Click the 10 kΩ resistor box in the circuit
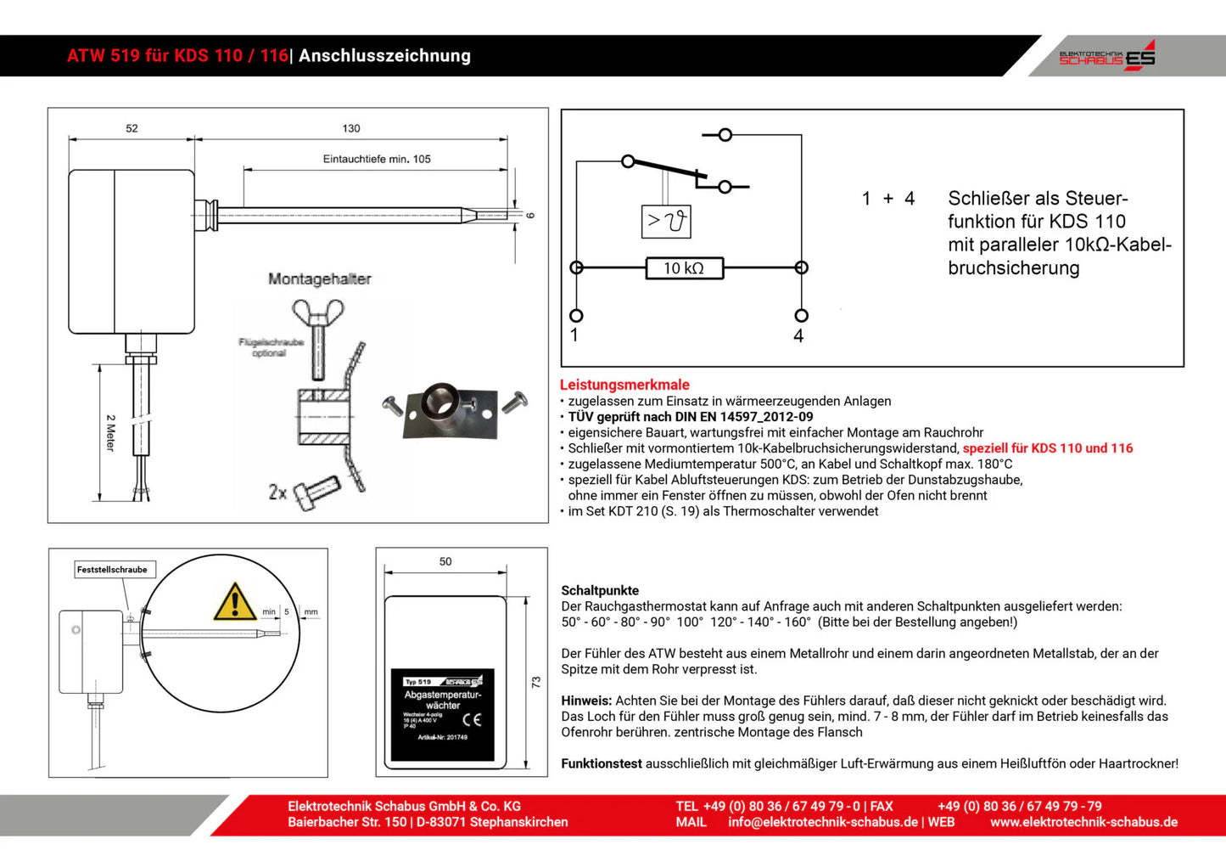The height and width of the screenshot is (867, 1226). tap(684, 268)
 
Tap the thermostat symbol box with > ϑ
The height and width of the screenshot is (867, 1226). tap(665, 222)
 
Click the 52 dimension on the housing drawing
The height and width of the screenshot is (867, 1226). tap(132, 128)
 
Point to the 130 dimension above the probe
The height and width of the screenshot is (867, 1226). tap(351, 128)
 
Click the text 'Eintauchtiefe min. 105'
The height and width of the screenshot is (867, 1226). tap(377, 159)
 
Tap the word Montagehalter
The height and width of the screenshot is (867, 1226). tap(319, 279)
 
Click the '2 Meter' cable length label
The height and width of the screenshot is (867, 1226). tap(110, 433)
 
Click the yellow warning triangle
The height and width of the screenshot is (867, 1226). tap(234, 602)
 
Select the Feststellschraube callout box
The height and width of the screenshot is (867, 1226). tap(113, 570)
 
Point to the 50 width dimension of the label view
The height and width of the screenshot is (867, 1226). tap(445, 561)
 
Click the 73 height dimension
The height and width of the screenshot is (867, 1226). tap(535, 682)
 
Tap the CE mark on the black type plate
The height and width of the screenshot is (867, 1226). tap(472, 720)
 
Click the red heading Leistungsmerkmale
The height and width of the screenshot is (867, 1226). tap(624, 385)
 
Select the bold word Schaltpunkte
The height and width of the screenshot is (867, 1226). tap(600, 590)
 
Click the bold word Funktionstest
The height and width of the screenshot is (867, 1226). tap(602, 763)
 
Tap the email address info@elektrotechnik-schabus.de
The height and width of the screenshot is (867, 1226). tap(822, 822)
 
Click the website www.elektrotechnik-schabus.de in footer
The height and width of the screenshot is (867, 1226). tap(1083, 822)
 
